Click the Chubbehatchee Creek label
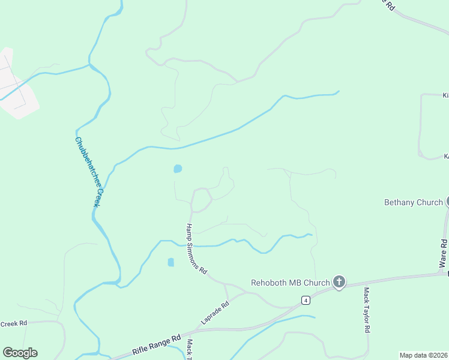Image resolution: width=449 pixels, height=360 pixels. pos(87,172)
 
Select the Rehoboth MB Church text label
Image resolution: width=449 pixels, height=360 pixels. pos(291,283)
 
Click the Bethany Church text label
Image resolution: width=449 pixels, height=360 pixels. pos(413,202)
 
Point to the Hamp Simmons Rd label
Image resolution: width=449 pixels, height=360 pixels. pos(196,249)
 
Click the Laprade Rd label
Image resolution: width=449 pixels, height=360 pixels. pos(215,313)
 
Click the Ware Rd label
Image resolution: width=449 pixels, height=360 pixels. pos(443,253)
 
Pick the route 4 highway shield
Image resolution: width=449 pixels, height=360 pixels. pos(306,299)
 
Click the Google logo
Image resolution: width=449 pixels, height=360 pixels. pos(20,353)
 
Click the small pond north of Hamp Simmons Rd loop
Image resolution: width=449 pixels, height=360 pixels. pos(178,169)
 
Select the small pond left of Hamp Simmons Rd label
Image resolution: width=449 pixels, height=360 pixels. pos(171,262)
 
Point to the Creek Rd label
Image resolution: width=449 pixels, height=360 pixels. pos(14,323)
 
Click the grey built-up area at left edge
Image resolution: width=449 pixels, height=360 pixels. pos(15,90)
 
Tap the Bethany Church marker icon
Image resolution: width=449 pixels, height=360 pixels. pos(447,202)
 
